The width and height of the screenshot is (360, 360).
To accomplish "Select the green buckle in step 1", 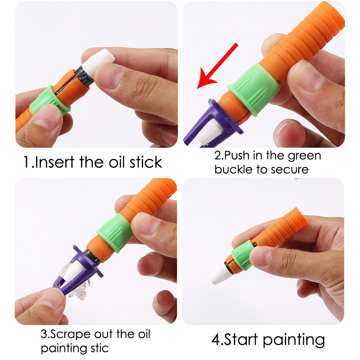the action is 49,100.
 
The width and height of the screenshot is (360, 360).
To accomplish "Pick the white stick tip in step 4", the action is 219,274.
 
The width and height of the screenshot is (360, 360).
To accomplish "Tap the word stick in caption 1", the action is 146,162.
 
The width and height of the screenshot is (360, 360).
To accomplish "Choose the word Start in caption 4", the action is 241,339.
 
